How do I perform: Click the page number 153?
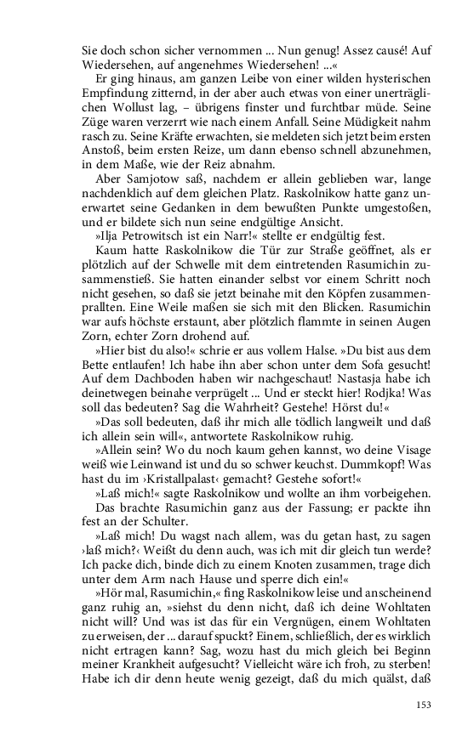coord(424,704)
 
